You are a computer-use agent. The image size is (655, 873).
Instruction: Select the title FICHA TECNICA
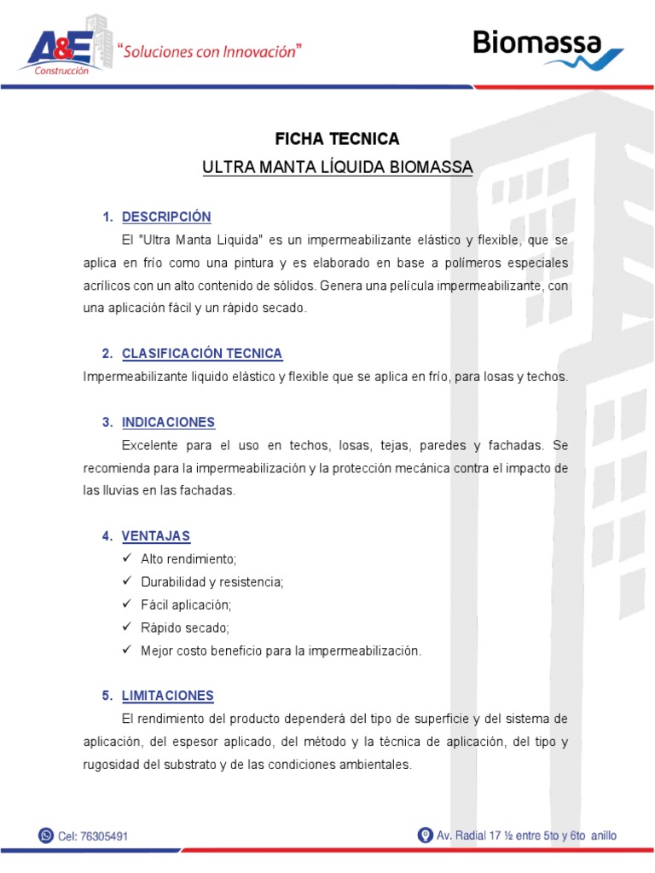(337, 139)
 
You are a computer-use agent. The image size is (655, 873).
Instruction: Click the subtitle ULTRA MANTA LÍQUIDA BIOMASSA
(337, 167)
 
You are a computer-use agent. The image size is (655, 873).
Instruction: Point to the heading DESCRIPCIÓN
(166, 217)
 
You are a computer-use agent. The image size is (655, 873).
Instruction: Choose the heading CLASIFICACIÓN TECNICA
(202, 353)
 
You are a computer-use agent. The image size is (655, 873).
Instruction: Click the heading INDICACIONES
(168, 422)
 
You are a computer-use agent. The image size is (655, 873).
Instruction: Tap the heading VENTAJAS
(156, 536)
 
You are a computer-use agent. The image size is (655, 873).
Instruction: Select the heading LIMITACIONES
(168, 696)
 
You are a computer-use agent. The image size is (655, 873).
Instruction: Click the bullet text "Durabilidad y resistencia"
(212, 582)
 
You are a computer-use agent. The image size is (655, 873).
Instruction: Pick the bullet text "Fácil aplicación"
(186, 605)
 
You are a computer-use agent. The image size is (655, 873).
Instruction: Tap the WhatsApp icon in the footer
(46, 836)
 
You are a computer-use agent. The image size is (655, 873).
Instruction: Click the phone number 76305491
(104, 837)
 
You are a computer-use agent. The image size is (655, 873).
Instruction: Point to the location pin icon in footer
(425, 835)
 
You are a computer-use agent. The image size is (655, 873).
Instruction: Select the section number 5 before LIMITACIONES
(107, 696)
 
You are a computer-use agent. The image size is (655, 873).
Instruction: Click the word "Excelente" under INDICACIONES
(150, 446)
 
